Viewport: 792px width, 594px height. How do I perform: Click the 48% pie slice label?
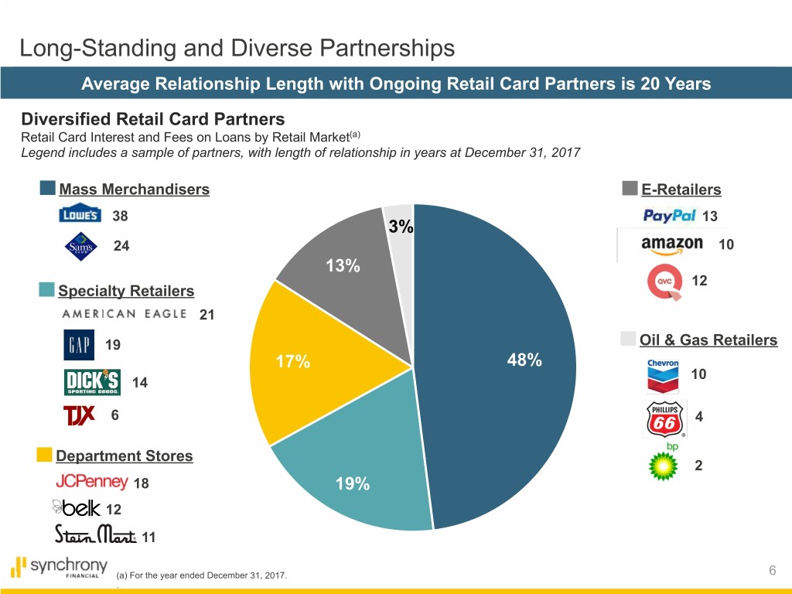pos(524,360)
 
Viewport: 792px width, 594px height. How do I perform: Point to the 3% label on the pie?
pos(401,227)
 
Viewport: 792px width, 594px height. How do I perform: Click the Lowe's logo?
pos(80,214)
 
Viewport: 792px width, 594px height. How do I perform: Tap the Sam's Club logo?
pos(81,247)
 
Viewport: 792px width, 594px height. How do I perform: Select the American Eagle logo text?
pos(124,313)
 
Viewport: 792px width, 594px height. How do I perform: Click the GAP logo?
pos(78,345)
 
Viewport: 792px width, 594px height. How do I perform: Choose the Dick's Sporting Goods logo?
pos(92,382)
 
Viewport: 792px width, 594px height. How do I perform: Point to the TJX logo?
pos(79,415)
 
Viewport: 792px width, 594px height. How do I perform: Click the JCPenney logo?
pos(91,482)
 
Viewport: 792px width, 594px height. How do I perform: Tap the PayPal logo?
pos(670,216)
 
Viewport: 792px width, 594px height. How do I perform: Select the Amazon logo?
pos(671,244)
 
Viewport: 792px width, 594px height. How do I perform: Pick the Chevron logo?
pos(663,376)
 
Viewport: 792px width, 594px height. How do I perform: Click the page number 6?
pos(773,571)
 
